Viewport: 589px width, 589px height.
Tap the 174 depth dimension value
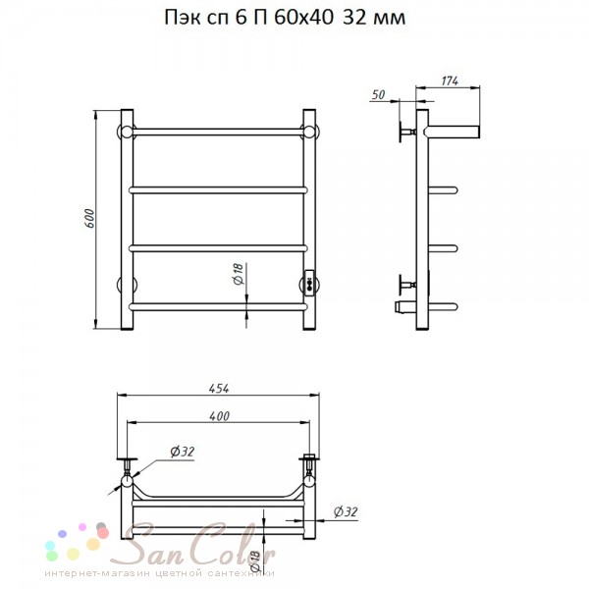tap(450, 80)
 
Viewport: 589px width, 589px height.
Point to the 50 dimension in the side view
tap(378, 94)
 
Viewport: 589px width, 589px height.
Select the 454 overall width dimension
tap(219, 389)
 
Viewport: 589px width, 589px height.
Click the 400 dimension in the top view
tap(219, 416)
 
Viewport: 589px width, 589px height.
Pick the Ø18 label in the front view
tap(239, 274)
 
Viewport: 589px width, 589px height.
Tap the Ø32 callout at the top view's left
tap(183, 452)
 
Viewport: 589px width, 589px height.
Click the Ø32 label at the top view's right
tap(346, 511)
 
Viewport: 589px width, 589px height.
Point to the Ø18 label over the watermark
tap(254, 561)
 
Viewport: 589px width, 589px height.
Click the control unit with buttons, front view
tap(309, 284)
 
